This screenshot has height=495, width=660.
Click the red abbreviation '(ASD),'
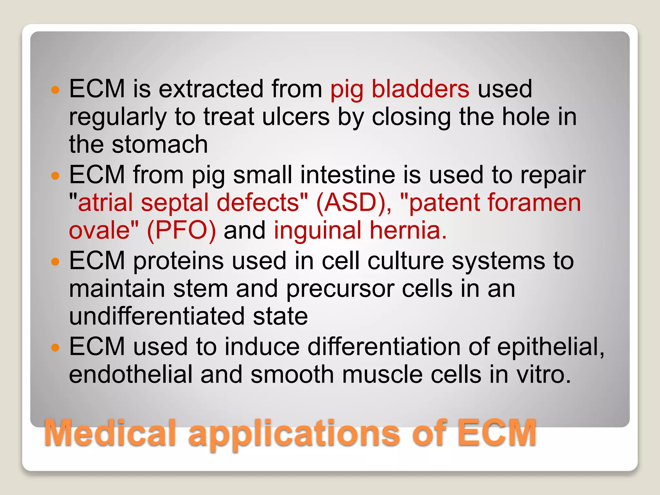coord(354,203)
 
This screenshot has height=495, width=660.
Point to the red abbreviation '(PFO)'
coord(181,230)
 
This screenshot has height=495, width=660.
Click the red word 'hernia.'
coord(408,230)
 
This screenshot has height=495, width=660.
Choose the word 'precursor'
coord(340,289)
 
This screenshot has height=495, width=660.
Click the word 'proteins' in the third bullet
coord(178,261)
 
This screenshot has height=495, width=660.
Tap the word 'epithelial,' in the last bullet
coord(550,347)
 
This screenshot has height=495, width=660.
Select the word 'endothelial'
coord(131,374)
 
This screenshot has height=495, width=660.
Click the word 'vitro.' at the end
coord(544,374)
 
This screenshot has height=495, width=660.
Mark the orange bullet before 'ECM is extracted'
coord(56,90)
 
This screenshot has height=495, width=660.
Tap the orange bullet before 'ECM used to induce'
coord(56,348)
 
